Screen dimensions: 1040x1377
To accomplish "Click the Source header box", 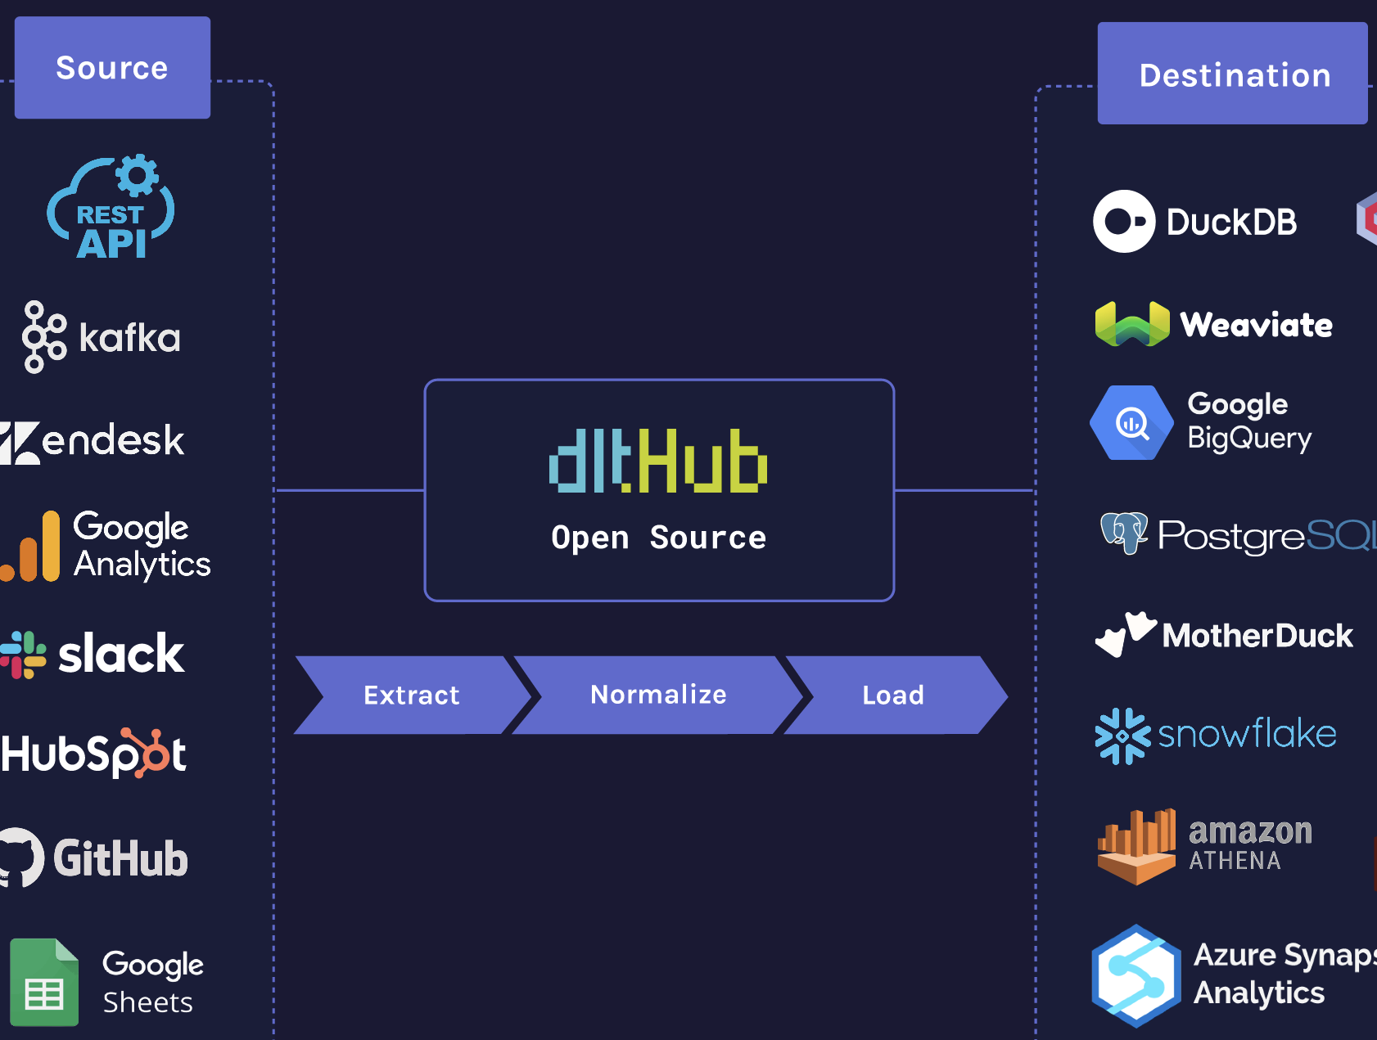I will tap(112, 68).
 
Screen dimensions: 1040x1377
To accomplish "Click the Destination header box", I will tap(1232, 74).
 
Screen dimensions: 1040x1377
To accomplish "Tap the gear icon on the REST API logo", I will tap(137, 174).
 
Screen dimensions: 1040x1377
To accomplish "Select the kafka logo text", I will tap(129, 338).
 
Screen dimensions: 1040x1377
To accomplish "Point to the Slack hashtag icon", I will tap(23, 655).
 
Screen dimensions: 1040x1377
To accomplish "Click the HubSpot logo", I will tap(93, 754).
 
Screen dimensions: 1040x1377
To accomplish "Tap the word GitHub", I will tap(121, 859).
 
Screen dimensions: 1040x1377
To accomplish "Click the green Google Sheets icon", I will tap(44, 983).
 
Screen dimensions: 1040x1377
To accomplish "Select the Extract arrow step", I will tap(411, 696).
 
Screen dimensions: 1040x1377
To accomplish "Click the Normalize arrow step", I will tap(658, 695).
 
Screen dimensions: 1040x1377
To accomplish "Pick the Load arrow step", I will tap(893, 696).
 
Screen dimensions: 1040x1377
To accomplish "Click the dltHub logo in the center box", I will tap(658, 461).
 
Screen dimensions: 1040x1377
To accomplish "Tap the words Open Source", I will tap(658, 538).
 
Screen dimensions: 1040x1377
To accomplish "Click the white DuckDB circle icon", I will tap(1124, 222).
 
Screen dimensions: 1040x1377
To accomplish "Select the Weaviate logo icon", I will tap(1132, 325).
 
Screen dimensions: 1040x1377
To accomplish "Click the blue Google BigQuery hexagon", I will tap(1131, 423).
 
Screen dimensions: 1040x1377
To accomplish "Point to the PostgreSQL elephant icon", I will tap(1124, 533).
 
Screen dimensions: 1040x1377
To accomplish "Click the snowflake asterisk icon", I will tap(1122, 736).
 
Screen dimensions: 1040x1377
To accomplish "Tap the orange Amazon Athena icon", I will tap(1137, 848).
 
